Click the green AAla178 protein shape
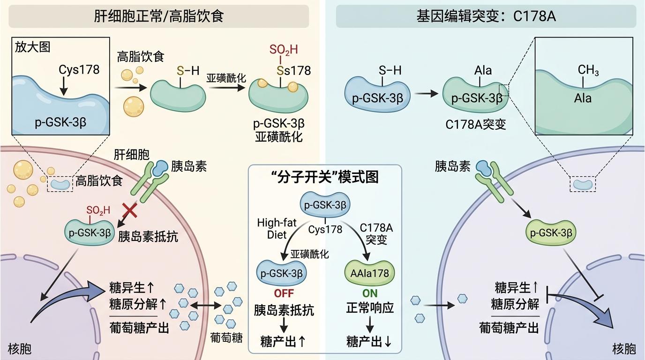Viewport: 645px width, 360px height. [x=370, y=272]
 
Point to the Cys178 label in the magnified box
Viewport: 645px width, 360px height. [x=79, y=70]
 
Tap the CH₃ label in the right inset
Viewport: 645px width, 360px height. [x=588, y=70]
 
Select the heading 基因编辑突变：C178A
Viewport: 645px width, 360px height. [x=486, y=16]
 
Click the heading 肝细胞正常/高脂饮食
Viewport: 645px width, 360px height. [x=159, y=16]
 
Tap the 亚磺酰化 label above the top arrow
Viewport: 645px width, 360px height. [x=226, y=78]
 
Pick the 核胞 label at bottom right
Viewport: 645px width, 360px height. [x=624, y=349]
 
